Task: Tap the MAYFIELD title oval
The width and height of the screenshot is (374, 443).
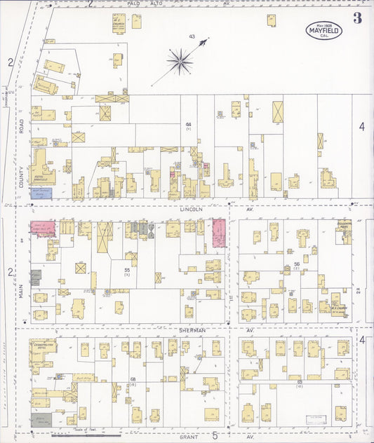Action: pyautogui.click(x=323, y=29)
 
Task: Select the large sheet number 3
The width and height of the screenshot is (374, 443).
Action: pyautogui.click(x=358, y=18)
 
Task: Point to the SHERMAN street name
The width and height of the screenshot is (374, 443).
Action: pyautogui.click(x=193, y=330)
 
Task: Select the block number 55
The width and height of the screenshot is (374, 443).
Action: pyautogui.click(x=127, y=269)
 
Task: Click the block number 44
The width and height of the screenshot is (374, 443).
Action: pyautogui.click(x=188, y=124)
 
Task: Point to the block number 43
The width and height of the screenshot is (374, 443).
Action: pyautogui.click(x=191, y=36)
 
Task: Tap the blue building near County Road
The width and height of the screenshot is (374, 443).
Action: pyautogui.click(x=41, y=192)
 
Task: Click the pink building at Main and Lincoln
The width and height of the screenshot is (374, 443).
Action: pyautogui.click(x=42, y=229)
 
